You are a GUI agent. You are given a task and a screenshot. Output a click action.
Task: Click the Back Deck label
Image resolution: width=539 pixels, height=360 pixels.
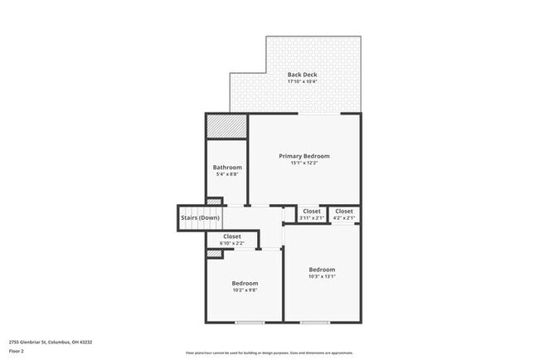click(x=302, y=75)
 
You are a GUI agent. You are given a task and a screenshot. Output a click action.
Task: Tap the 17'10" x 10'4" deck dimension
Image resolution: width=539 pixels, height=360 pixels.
click(x=302, y=82)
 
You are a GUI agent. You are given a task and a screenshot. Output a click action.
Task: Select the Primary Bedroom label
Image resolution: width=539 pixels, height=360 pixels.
click(x=304, y=156)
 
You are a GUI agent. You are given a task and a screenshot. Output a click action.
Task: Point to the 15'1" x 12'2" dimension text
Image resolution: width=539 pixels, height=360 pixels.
click(x=304, y=163)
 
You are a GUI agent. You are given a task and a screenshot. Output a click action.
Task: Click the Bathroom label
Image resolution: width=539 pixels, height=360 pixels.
click(x=227, y=167)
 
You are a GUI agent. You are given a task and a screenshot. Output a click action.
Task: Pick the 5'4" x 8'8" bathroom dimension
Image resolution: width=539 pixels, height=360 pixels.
click(x=227, y=174)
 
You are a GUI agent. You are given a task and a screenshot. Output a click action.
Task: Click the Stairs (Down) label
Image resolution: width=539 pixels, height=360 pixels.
click(x=199, y=218)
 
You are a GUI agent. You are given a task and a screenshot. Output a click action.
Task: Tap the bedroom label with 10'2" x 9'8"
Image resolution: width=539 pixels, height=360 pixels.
click(x=245, y=283)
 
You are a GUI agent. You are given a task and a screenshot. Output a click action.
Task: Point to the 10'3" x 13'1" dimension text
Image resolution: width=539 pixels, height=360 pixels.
click(x=322, y=276)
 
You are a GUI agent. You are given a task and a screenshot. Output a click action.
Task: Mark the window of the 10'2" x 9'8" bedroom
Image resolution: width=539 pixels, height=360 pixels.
click(x=249, y=322)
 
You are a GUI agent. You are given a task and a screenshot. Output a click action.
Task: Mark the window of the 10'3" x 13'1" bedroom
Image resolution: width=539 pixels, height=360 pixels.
click(x=315, y=322)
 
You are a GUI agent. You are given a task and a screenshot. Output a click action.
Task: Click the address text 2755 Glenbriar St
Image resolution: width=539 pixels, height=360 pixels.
click(x=51, y=342)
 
